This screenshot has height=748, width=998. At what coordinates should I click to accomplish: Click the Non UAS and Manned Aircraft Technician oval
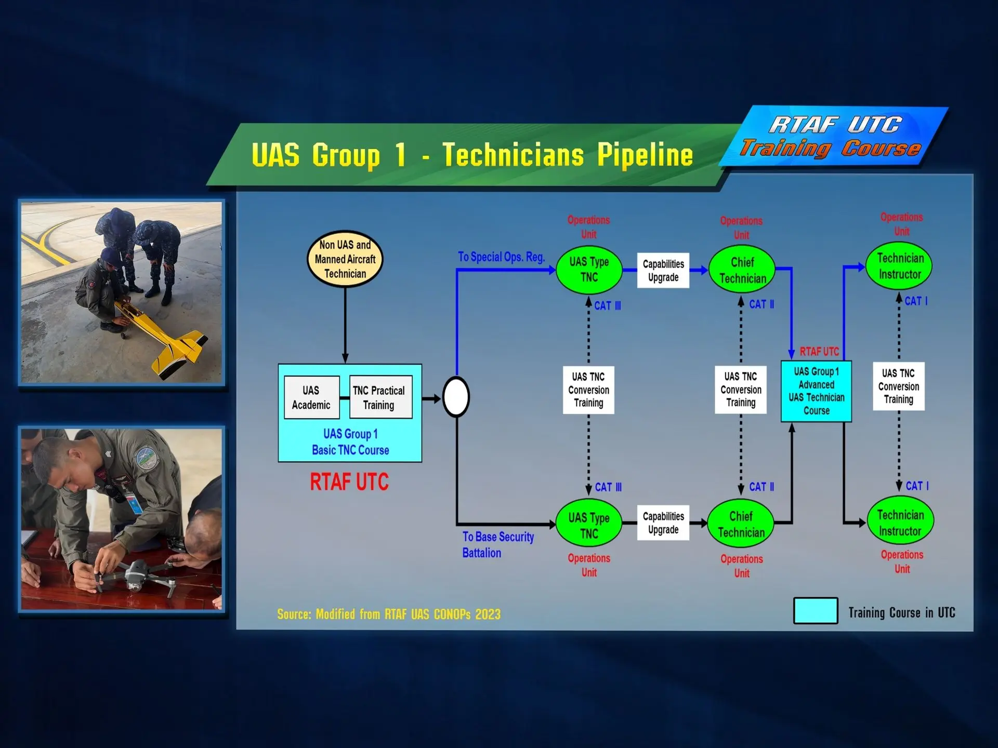pos(345,259)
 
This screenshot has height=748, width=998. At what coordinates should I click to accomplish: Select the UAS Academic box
pos(311,397)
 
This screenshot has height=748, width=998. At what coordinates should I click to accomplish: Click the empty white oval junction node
pos(456,397)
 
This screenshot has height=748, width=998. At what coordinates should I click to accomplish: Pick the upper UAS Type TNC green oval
pos(588,270)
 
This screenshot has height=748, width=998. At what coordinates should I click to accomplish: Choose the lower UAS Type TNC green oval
pos(588,525)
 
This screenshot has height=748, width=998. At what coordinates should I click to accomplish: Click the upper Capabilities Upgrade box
pos(663,270)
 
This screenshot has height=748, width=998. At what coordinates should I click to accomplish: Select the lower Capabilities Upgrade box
pos(663,523)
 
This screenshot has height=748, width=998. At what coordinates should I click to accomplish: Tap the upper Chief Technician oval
pos(742,270)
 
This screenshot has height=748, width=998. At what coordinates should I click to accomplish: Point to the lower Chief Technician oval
pos(741,524)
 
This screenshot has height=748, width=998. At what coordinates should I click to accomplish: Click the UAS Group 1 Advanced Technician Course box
pos(816,391)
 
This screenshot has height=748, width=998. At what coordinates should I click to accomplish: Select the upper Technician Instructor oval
pos(899,266)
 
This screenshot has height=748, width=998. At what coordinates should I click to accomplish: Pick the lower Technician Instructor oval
pos(900,522)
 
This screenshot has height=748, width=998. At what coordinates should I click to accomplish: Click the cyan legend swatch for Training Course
pos(815,611)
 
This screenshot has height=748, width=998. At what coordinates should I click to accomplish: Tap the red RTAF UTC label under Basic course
pos(349,482)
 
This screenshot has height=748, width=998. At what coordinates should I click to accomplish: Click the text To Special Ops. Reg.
pos(501,257)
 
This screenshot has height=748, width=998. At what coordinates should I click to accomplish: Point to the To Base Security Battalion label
pos(497,544)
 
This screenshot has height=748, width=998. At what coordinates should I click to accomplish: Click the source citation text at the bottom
pos(389,614)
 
